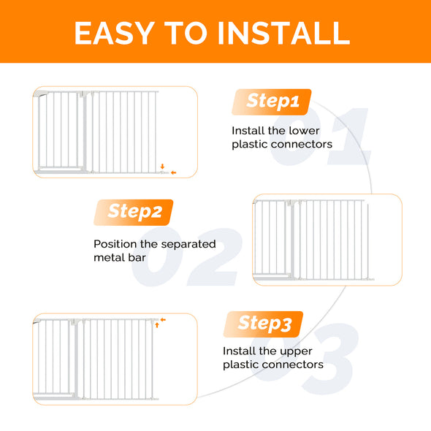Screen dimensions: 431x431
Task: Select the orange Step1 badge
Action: point(272,102)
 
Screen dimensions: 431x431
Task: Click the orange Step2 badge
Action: point(134,212)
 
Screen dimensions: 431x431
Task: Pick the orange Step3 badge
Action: point(264,323)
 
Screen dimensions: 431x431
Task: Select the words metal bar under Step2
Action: point(120,258)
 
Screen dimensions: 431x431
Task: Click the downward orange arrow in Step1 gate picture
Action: point(164,166)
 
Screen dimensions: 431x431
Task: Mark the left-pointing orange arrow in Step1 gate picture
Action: point(173,173)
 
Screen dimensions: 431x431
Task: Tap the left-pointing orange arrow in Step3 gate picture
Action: point(164,319)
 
